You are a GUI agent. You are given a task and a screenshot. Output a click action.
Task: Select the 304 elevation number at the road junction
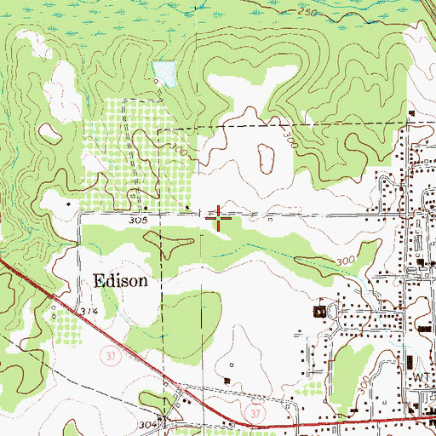pyautogui.click(x=146, y=423)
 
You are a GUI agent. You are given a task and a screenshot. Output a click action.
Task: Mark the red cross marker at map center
pyautogui.click(x=220, y=218)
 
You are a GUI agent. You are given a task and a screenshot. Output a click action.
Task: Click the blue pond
pyautogui.click(x=163, y=73)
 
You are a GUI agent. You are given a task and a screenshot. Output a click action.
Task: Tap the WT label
pyautogui.click(x=422, y=376)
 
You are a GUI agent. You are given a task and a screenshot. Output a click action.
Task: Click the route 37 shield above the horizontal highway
pyautogui.click(x=253, y=411)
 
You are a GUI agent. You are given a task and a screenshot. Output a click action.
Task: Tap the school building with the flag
pyautogui.click(x=321, y=312)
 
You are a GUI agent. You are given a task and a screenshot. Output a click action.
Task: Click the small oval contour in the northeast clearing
pyautogui.click(x=265, y=157)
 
